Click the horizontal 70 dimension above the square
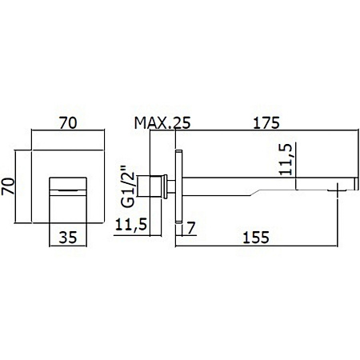tap(68, 123)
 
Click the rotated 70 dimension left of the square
tap(8, 186)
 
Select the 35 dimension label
tap(68, 237)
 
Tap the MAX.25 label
tap(162, 123)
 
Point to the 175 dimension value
tap(266, 123)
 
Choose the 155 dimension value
tap(256, 237)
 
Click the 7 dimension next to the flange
tap(191, 228)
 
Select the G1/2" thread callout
tap(127, 186)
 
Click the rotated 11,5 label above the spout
tap(286, 159)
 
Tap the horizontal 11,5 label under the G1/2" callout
tap(131, 224)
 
